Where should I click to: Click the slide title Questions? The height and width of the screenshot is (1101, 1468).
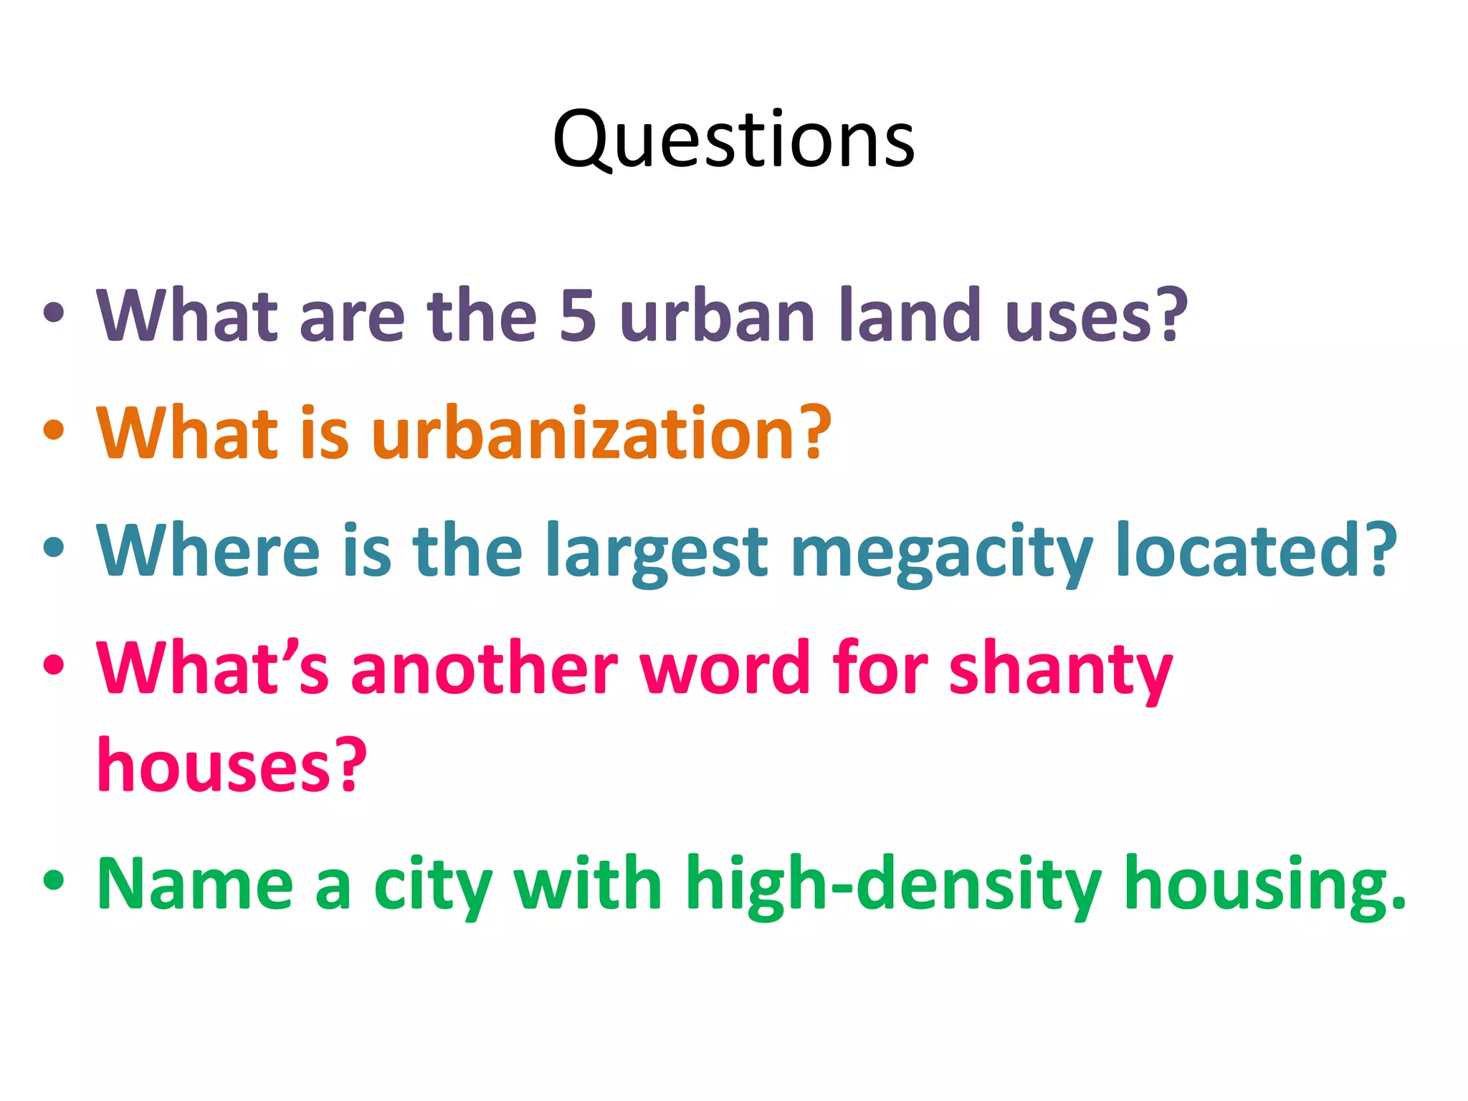tap(733, 139)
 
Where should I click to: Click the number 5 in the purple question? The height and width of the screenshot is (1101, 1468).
tap(577, 315)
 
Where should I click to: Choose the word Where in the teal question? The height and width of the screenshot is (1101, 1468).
tap(208, 550)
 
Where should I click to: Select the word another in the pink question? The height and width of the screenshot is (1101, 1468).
tap(484, 668)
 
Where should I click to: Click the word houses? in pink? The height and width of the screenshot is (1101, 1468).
tap(232, 766)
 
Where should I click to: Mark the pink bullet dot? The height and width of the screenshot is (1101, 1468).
tap(54, 665)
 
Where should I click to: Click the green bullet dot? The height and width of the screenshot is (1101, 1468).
tap(54, 881)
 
